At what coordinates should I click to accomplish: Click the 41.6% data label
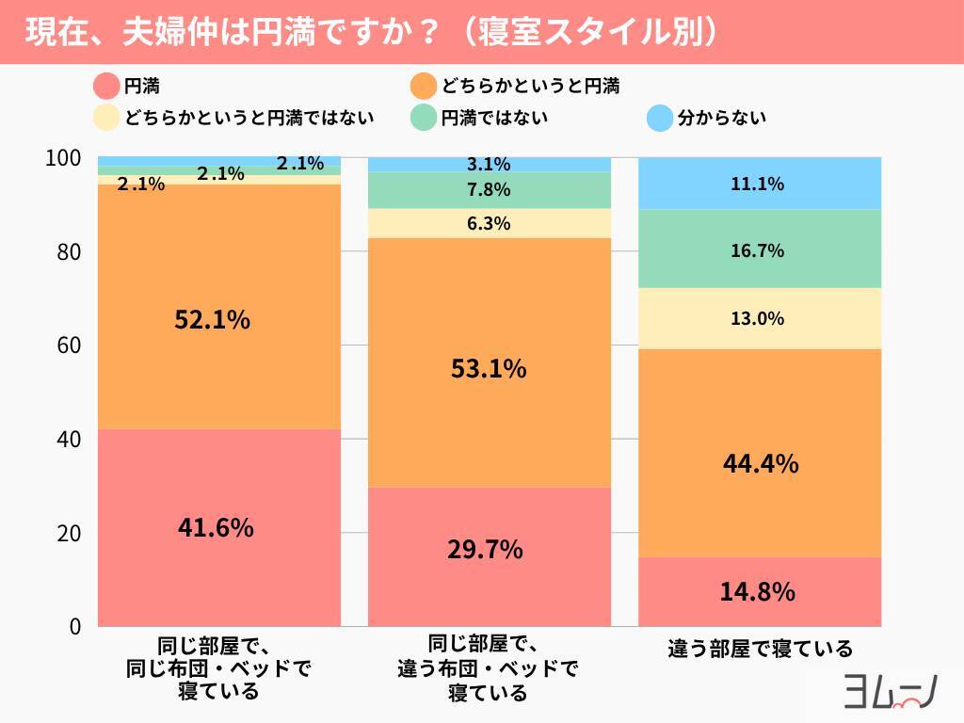tap(216, 528)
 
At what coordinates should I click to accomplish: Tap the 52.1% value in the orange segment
tap(213, 320)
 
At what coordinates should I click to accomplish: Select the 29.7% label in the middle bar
tap(486, 549)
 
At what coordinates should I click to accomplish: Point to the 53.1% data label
tap(489, 369)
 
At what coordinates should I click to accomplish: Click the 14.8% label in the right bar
tap(758, 592)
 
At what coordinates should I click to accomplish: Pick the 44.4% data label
tap(761, 463)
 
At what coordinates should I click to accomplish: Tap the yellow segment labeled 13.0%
tap(758, 318)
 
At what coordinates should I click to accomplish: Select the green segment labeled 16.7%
tap(758, 250)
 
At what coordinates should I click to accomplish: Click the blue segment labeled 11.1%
tap(758, 184)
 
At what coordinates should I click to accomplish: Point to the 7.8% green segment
tap(489, 190)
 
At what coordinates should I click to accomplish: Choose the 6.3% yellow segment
tap(489, 223)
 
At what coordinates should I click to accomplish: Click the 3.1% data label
tap(489, 165)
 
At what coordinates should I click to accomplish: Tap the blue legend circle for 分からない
tap(661, 118)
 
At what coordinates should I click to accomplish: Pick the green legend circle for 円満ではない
tap(426, 118)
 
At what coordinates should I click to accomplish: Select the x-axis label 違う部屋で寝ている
tap(761, 649)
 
